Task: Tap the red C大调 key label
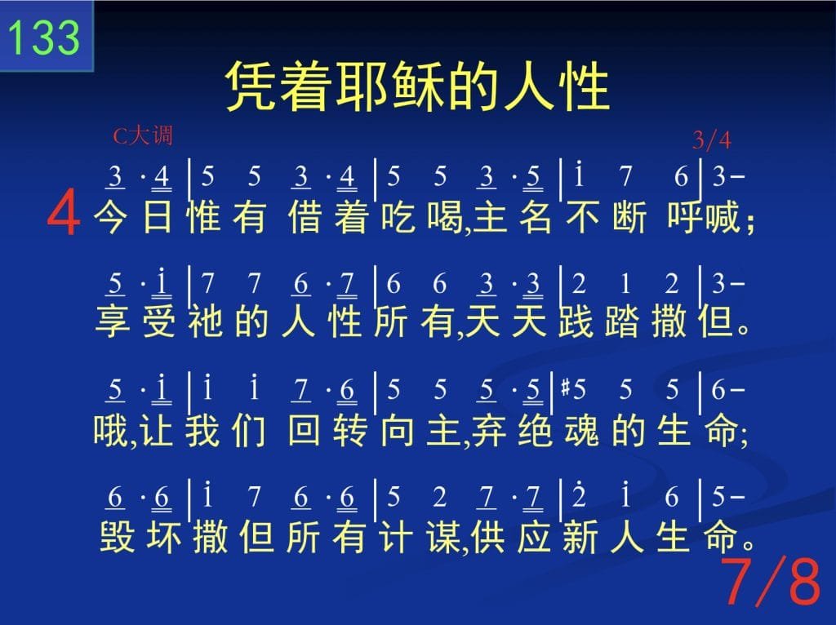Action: pyautogui.click(x=143, y=136)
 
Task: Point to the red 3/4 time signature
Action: pyautogui.click(x=711, y=140)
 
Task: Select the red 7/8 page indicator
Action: pyautogui.click(x=773, y=582)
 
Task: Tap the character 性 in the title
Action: pyautogui.click(x=585, y=86)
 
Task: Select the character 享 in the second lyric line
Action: pyautogui.click(x=112, y=321)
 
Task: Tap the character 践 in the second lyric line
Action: pyautogui.click(x=576, y=321)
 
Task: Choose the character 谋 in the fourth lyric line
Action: pyautogui.click(x=443, y=536)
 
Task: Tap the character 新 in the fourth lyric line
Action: pyautogui.click(x=580, y=536)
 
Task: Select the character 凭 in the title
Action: pyautogui.click(x=251, y=86)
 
